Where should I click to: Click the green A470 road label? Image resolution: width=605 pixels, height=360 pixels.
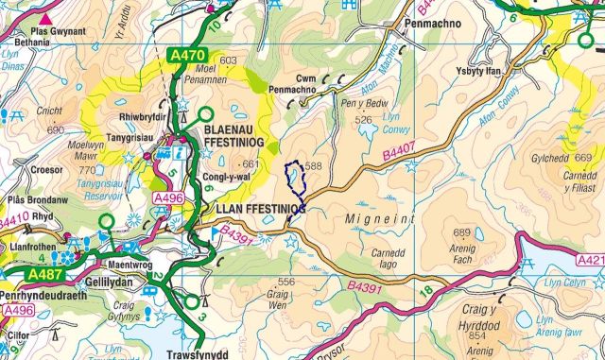[x=187, y=57]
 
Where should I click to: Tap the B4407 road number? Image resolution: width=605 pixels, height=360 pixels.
[x=401, y=150]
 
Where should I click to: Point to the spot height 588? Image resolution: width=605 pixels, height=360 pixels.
[x=314, y=166]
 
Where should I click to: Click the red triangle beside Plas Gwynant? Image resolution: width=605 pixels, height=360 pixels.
[x=44, y=18]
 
